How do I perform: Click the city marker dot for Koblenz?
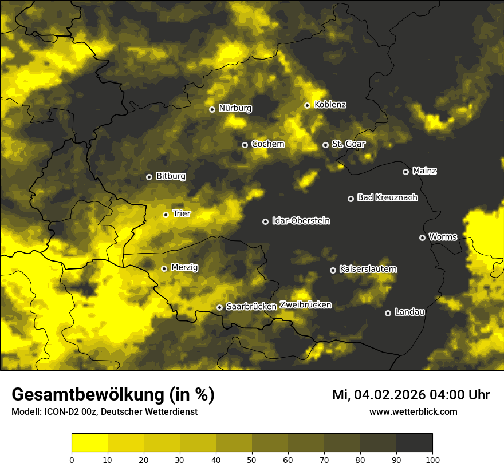[308, 105]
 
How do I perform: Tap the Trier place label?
[182, 213]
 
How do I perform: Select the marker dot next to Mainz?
[405, 172]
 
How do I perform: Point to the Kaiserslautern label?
[368, 269]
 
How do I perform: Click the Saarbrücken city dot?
[219, 307]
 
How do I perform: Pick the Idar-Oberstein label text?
[301, 221]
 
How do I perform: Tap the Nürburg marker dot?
[212, 109]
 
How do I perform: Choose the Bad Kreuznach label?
[387, 197]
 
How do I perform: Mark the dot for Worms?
[422, 237]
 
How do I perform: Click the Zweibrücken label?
[305, 305]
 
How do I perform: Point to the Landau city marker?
[388, 313]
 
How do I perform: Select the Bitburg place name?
[171, 176]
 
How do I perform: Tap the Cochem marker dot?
[245, 145]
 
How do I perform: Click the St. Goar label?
[348, 144]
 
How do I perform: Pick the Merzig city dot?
[164, 268]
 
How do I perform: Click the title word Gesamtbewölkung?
[89, 395]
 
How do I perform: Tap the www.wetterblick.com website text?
[413, 411]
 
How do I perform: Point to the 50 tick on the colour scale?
[252, 459]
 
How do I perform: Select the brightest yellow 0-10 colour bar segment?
[89, 443]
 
